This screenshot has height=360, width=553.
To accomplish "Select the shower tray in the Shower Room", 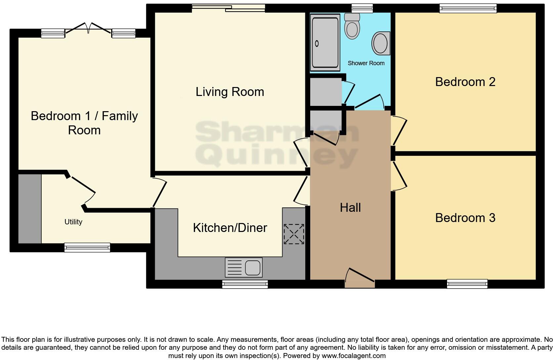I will (x=325, y=42).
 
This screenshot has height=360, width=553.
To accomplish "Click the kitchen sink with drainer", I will (x=244, y=267).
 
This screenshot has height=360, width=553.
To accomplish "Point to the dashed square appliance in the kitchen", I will (x=294, y=234).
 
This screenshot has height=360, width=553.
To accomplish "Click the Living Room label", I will (x=230, y=92).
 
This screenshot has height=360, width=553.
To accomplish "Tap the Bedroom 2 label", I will (x=465, y=82).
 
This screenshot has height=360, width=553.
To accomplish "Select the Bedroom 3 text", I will (x=465, y=218).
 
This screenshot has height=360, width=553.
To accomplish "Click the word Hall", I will (x=350, y=207).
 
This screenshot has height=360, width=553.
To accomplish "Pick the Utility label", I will (x=73, y=222).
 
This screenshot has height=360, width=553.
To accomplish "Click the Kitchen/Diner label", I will (x=230, y=228).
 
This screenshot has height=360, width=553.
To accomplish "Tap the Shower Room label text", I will (x=366, y=63).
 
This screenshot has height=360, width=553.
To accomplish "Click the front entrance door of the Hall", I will (x=360, y=279).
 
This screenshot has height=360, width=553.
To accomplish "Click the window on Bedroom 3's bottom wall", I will (x=467, y=284).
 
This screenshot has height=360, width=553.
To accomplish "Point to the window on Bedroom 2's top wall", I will (x=468, y=8).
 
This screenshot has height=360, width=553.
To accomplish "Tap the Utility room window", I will (x=87, y=247).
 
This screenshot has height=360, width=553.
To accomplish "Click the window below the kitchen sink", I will (x=245, y=284).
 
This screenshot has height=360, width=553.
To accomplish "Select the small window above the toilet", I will (x=362, y=8).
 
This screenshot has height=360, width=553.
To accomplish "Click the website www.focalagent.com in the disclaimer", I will (x=353, y=356).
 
